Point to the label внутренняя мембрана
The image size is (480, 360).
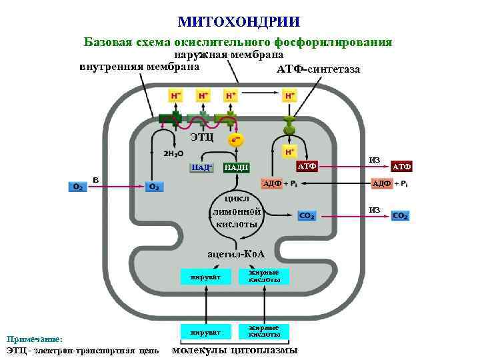[x=139, y=67]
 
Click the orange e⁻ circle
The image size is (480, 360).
[x=235, y=141]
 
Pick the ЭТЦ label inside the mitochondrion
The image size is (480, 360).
[x=201, y=137]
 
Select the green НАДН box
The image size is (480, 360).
[x=236, y=167]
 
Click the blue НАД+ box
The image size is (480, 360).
[x=202, y=167]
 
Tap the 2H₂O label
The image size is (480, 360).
[x=173, y=153]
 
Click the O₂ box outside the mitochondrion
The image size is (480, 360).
[x=77, y=187]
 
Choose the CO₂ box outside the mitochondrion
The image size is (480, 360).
[x=401, y=216]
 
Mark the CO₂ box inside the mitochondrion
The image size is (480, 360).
[x=307, y=215]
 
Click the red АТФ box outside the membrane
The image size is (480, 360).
[x=401, y=166]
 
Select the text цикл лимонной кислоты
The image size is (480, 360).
[x=237, y=212]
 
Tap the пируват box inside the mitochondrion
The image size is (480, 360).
[x=201, y=276]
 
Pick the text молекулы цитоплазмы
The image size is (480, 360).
[x=235, y=350]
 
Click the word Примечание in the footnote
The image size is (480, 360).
[x=33, y=339]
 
